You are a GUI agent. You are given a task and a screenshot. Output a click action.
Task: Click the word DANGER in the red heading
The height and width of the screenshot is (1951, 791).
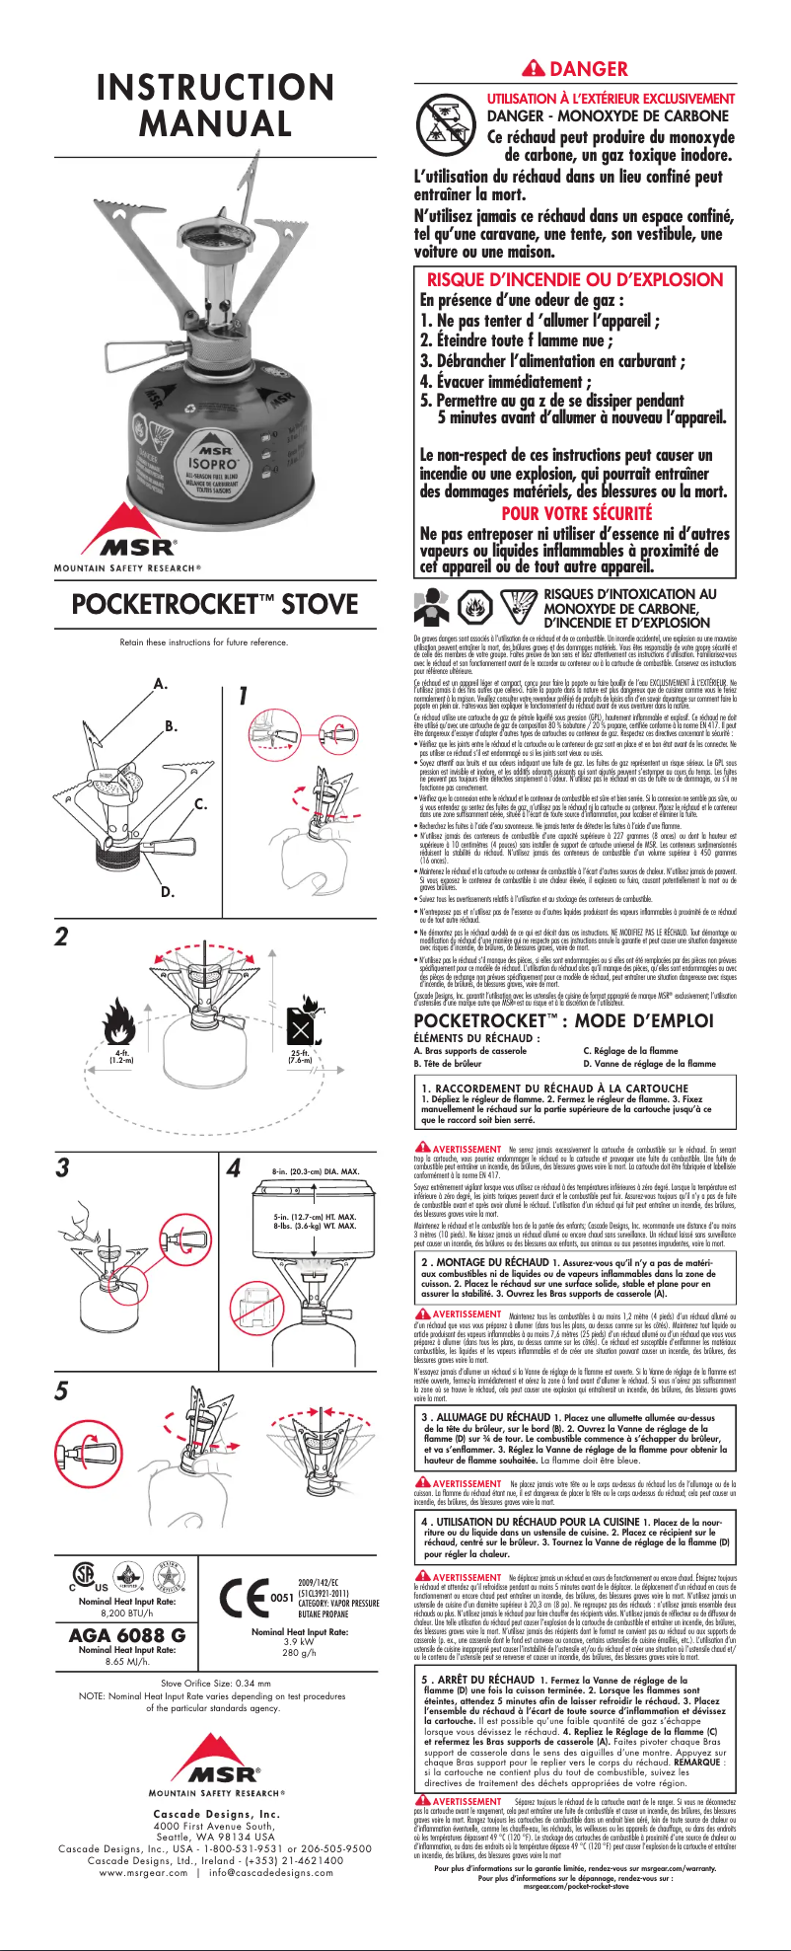589,69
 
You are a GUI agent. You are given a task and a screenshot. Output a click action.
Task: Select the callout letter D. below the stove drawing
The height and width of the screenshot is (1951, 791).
168,892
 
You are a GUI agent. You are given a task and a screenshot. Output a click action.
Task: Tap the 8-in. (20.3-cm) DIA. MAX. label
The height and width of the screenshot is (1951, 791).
316,1171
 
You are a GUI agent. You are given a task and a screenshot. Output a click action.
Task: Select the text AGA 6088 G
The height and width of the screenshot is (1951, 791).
126,1634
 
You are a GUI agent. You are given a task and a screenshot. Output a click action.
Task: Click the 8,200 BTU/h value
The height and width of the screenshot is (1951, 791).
126,1612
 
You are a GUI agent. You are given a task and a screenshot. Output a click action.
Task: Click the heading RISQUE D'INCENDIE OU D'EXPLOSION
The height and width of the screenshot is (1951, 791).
575,279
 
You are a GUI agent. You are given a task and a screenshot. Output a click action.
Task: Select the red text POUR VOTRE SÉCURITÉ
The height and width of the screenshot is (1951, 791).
577,513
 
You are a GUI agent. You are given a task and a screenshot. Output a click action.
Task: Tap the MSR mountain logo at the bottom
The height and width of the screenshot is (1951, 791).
216,1752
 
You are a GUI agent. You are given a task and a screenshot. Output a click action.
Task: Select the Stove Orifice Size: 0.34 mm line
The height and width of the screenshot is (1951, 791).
215,1683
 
